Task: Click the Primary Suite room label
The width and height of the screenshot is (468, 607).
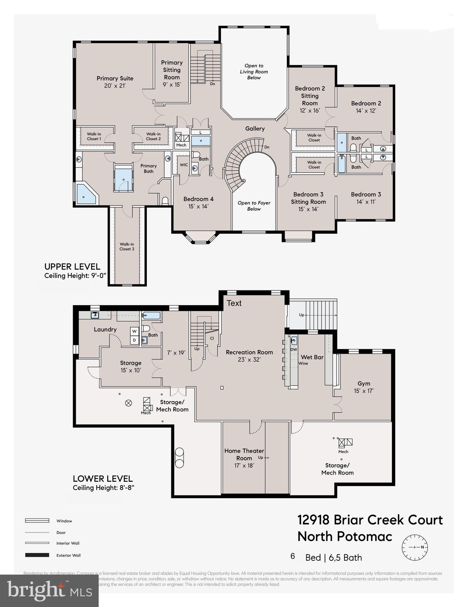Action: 115,78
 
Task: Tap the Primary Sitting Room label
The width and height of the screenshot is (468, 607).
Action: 172,70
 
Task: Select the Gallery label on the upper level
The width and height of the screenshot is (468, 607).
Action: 255,128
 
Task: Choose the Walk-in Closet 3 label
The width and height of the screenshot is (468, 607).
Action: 127,247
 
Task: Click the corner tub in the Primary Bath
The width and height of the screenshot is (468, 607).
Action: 86,194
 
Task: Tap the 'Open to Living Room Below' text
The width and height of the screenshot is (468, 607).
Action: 254,72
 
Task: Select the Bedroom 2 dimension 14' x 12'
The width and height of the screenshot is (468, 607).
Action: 366,111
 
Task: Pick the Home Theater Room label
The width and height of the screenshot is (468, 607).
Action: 244,454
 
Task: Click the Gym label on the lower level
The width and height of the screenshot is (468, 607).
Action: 364,383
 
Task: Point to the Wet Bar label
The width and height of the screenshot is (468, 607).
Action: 312,357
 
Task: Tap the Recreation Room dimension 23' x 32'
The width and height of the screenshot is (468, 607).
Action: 249,360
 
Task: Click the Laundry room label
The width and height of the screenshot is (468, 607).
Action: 105,329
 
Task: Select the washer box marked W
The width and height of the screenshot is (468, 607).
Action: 135,331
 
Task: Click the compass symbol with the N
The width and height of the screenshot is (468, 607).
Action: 415,547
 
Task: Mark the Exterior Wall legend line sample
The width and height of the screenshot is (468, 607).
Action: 37,555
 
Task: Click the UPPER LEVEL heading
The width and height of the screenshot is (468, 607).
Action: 72,266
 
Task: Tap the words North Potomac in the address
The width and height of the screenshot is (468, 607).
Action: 345,537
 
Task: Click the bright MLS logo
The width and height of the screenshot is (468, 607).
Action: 49,590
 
